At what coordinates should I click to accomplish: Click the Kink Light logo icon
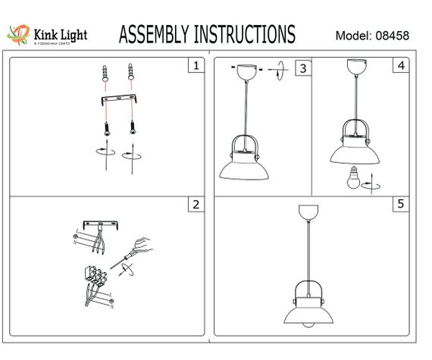click(17, 33)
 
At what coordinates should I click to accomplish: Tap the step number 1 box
click(196, 66)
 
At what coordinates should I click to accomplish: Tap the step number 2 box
click(196, 204)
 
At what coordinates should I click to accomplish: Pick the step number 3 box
click(302, 68)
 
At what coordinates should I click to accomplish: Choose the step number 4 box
click(399, 66)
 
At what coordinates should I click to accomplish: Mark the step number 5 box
click(399, 204)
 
